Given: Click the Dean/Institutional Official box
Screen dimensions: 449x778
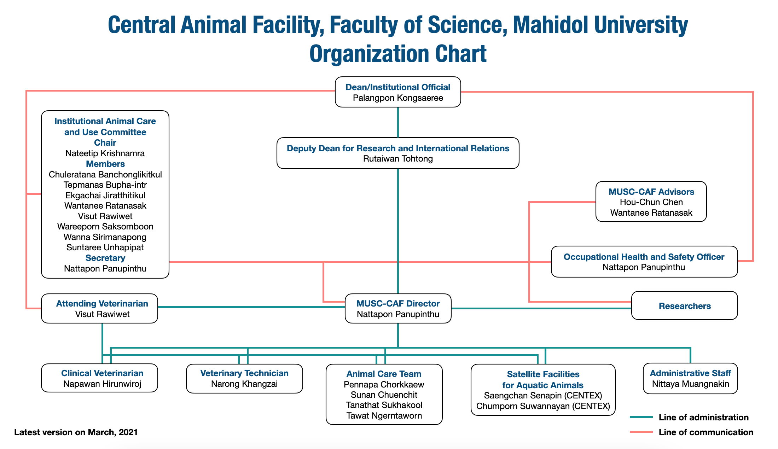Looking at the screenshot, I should coord(398,92).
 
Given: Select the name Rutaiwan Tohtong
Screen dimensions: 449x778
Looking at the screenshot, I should coord(398,159).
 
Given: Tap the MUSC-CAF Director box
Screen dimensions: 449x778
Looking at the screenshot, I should coord(398,308).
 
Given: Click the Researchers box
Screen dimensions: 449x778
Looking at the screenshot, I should coord(684,306).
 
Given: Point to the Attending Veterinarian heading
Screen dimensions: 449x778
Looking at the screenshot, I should coord(102,303).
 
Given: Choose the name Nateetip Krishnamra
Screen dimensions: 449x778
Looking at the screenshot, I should coord(105,153).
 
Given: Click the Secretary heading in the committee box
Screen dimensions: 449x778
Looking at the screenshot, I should coord(105,258).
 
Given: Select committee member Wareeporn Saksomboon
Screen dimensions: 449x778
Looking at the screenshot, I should coord(105,226).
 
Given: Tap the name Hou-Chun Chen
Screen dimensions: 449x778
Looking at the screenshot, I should coord(651,202).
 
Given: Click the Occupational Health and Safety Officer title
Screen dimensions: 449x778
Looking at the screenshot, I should coord(644,257).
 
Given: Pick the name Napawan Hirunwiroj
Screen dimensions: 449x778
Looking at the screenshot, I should coord(102,384).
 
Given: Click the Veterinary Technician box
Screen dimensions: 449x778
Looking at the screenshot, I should coord(244,378).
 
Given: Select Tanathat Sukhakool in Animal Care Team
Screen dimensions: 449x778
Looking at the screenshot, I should coord(384,405).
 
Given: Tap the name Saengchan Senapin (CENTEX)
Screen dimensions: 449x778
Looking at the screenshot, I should coord(543,395).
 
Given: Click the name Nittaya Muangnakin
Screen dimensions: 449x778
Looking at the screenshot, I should coord(690,384).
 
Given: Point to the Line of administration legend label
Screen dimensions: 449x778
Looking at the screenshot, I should coord(703,417).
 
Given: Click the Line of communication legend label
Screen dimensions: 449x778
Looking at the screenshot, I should coord(706,432).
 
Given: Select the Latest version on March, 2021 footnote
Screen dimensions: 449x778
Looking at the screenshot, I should coord(76,432).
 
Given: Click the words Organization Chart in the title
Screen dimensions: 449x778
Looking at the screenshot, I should coord(398,54).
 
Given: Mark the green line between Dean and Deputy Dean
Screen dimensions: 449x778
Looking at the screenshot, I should coord(398,122).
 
